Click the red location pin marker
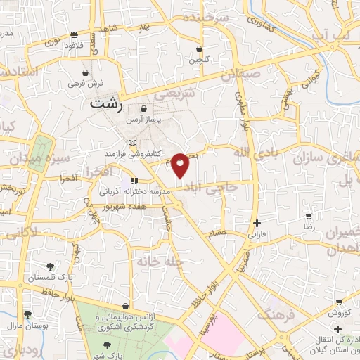181,165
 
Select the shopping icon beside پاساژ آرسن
143,109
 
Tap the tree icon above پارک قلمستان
50,266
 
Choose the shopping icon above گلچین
200,49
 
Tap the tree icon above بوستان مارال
27,314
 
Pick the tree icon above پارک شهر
106,345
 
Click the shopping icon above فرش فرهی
86,72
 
